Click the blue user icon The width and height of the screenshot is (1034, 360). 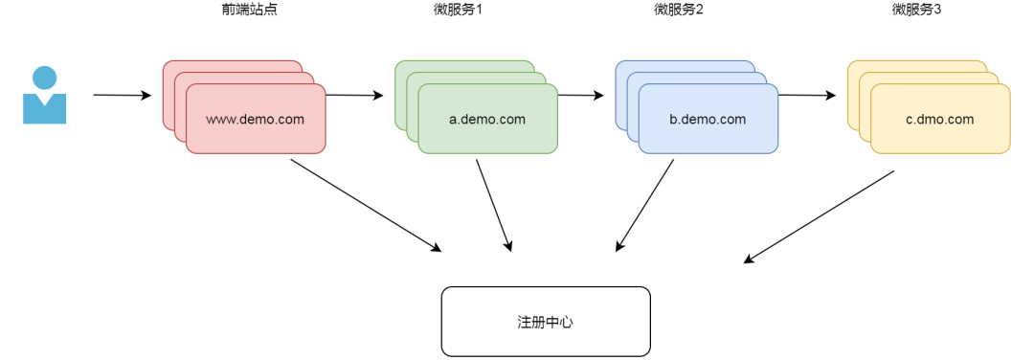[45, 96]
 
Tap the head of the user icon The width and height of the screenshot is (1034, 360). [45, 78]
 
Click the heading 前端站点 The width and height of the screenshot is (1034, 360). [249, 10]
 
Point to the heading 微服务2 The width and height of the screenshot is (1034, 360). [679, 10]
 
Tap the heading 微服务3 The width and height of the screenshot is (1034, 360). [917, 10]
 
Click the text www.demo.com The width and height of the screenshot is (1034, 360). [256, 120]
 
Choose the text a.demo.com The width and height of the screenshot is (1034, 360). [487, 120]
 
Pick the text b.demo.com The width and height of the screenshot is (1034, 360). [708, 120]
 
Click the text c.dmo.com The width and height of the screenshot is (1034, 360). [940, 120]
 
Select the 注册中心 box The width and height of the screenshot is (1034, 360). [546, 322]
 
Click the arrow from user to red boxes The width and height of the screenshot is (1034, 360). [122, 96]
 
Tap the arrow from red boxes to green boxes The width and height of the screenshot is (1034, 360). [355, 96]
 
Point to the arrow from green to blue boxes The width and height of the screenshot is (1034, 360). [581, 96]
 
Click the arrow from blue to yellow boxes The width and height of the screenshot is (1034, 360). [807, 96]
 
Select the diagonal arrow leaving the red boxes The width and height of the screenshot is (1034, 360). [366, 205]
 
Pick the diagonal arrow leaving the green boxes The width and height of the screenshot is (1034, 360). [493, 205]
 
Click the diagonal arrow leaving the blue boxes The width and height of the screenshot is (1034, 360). [644, 205]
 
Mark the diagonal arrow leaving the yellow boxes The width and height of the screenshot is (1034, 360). [819, 217]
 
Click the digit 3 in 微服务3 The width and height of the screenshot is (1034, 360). [938, 10]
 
